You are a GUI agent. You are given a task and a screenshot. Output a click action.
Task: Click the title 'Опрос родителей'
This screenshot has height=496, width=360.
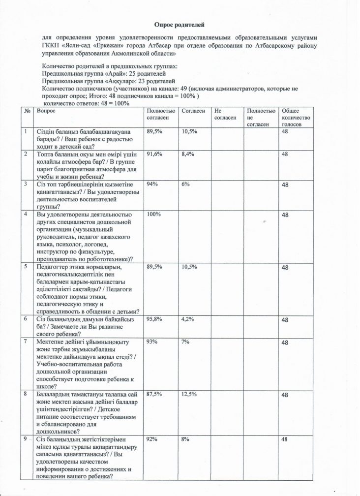coord(180,23)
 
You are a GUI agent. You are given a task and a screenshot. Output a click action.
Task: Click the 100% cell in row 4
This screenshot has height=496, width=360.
coord(154,214)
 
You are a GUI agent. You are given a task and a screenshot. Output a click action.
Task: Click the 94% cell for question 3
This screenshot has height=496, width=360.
coord(152,184)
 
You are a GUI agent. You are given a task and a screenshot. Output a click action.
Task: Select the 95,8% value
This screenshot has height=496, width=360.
coord(156,319)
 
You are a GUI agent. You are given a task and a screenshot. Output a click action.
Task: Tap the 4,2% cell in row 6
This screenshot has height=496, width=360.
coord(188,319)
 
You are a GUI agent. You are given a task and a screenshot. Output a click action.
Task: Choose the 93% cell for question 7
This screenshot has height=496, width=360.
coord(152,342)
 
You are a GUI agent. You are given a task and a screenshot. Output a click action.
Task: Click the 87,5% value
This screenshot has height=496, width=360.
coord(156,394)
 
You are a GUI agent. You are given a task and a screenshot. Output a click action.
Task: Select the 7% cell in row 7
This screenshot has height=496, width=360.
coord(185,342)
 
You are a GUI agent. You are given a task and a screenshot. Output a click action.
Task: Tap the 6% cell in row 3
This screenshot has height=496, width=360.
coord(185,184)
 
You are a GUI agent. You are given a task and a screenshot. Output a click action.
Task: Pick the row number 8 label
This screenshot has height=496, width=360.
coord(26,394)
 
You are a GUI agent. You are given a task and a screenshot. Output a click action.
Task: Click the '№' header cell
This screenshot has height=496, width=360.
coord(26,112)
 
